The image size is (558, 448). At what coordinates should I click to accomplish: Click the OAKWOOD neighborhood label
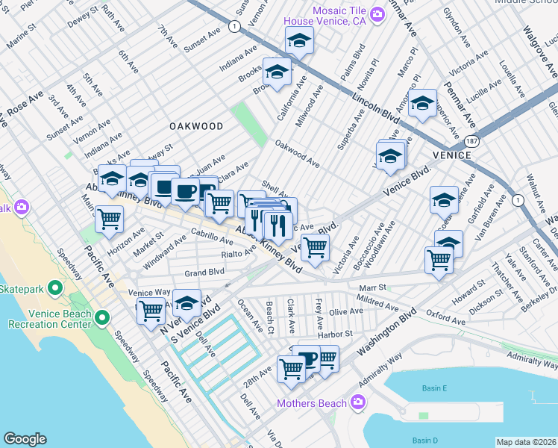(x=196, y=126)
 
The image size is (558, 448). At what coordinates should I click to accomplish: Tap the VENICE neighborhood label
(x=451, y=155)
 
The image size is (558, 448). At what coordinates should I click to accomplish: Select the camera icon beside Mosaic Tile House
(x=378, y=13)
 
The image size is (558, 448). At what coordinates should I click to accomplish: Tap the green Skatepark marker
(x=54, y=287)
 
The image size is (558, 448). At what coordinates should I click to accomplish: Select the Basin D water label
(x=424, y=441)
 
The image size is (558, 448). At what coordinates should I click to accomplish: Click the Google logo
(x=25, y=439)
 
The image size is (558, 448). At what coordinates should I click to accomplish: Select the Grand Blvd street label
(x=204, y=273)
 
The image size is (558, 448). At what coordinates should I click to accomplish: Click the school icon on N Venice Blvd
(x=187, y=302)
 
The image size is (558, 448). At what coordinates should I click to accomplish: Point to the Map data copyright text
(x=526, y=442)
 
